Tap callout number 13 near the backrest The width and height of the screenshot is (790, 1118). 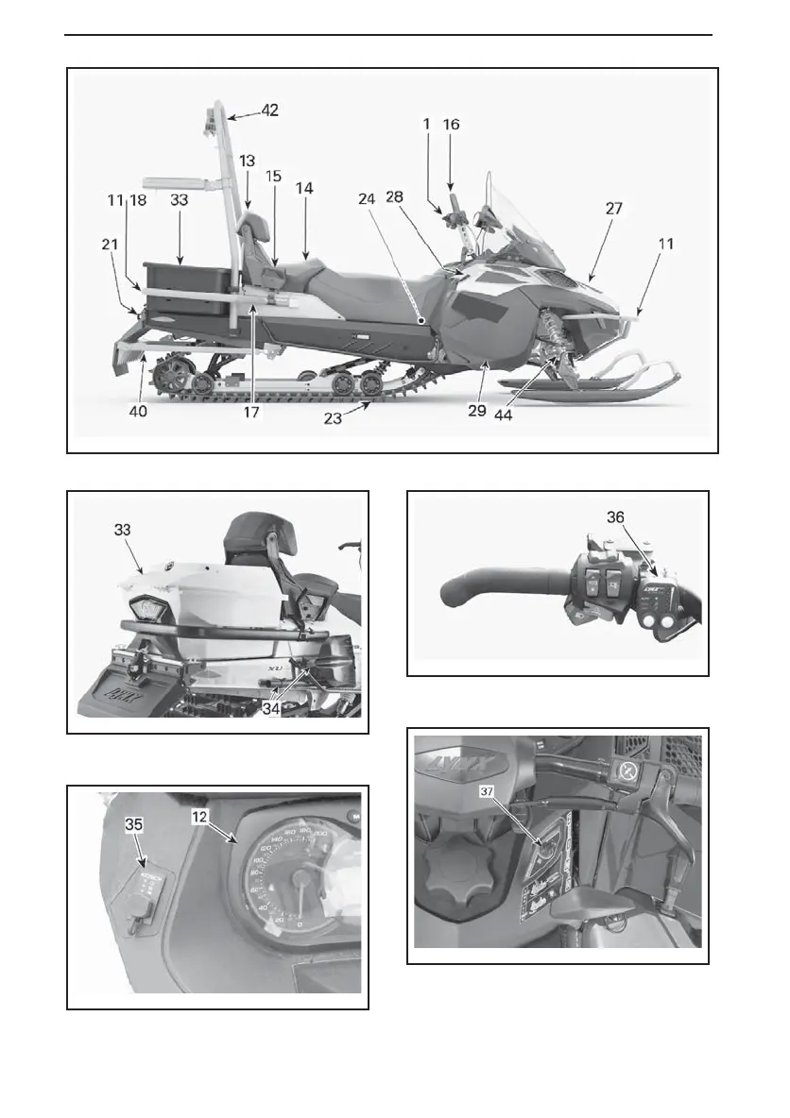coord(247,161)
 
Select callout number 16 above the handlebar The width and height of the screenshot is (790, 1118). coord(452,125)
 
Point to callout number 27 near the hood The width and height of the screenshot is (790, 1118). coord(613,210)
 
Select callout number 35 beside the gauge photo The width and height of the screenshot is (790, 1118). coord(136,823)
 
